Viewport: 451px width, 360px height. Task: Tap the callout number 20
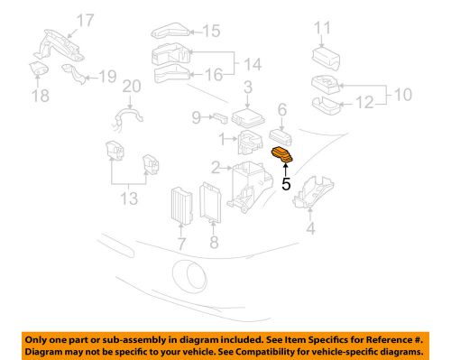[132, 87]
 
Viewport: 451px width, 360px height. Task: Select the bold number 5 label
[286, 184]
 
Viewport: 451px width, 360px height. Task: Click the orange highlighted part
[282, 156]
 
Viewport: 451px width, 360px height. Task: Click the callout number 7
[181, 243]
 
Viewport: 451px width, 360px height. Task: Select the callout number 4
[311, 229]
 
